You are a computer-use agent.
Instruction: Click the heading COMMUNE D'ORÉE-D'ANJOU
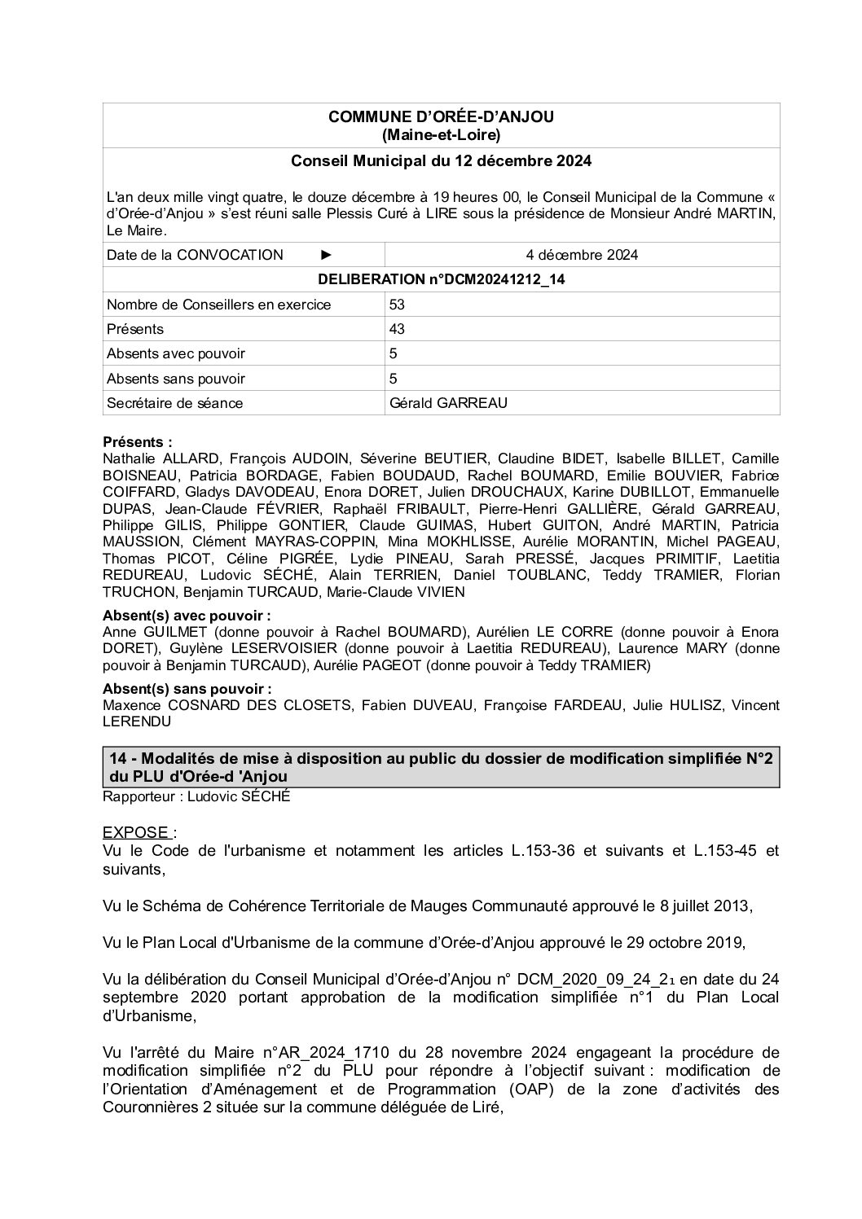(441, 117)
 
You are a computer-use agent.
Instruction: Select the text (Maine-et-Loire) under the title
(441, 134)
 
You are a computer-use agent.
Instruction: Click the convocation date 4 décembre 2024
(582, 255)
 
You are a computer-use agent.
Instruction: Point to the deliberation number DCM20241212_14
(441, 279)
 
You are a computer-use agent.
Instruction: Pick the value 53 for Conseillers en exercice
(398, 305)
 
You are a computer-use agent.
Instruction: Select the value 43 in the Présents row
(398, 329)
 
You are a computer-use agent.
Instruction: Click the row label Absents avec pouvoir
(175, 353)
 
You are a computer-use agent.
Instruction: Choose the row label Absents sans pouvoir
(175, 379)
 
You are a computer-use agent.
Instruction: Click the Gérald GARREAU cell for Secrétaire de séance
(448, 403)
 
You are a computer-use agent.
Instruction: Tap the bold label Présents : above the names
(137, 442)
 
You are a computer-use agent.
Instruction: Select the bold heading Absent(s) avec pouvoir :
(187, 616)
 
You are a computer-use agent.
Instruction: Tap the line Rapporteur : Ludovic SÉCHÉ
(196, 796)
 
